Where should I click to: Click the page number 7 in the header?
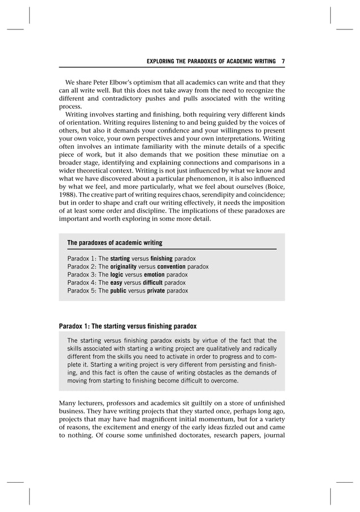click(283, 61)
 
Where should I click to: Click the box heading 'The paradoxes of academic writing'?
click(115, 243)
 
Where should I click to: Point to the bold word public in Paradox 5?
click(120, 291)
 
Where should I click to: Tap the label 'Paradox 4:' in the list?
click(82, 283)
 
